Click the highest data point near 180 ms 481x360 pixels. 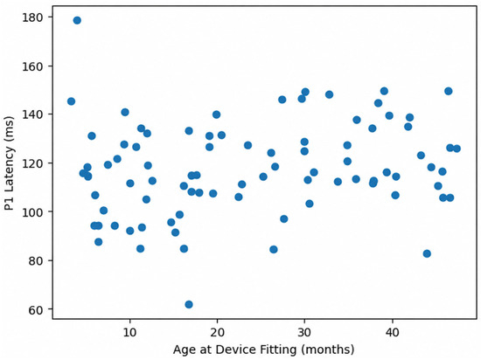(77, 20)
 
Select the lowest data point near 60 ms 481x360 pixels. (189, 304)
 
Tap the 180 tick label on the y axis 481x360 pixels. (31, 17)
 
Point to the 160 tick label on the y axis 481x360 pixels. (31, 66)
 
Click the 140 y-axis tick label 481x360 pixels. (31, 114)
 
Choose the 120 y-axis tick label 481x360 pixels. (31, 163)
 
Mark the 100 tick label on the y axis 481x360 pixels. (31, 211)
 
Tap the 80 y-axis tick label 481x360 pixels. (35, 260)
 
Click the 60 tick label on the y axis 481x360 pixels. (35, 309)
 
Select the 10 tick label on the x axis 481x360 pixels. (129, 332)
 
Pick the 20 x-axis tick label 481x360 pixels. (217, 332)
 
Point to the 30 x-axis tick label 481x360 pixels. (304, 332)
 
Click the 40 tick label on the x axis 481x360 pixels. (392, 332)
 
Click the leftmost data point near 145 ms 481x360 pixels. (71, 101)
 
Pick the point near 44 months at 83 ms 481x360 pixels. (427, 253)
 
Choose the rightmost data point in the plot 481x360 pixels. (457, 149)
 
